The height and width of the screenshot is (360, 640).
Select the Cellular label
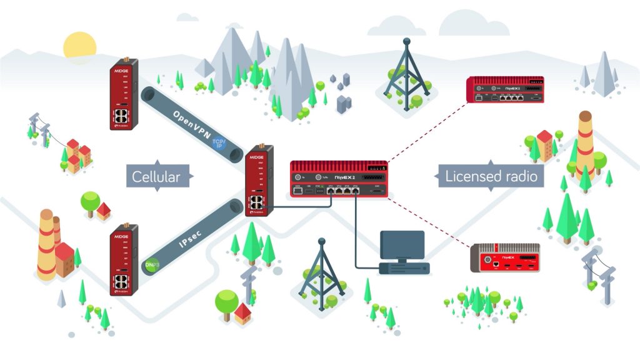point(156,177)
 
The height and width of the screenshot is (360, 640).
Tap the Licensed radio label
point(491,176)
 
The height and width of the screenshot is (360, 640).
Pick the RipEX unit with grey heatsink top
point(506,258)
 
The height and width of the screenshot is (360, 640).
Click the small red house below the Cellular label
point(104,211)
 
